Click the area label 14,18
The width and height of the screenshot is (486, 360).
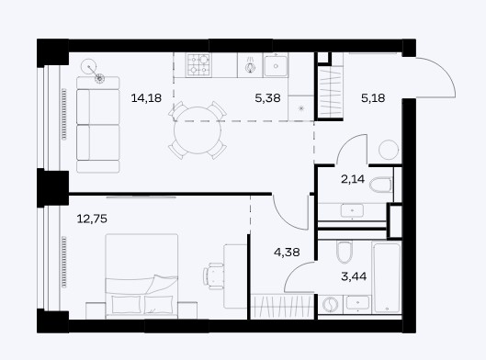(146, 98)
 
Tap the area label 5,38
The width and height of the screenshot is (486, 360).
(267, 98)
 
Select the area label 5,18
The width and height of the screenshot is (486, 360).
(373, 98)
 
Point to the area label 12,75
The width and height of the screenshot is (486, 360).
(92, 219)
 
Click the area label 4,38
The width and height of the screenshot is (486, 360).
(287, 253)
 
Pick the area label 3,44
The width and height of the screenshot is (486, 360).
(354, 276)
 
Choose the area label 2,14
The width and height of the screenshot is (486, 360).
(353, 179)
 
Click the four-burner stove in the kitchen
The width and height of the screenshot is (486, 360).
(198, 65)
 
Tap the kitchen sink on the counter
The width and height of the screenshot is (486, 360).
(276, 65)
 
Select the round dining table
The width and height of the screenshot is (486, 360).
(198, 130)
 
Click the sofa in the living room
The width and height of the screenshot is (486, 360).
(98, 125)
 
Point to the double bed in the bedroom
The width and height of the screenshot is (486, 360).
(141, 276)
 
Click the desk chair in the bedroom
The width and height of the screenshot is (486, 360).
(213, 276)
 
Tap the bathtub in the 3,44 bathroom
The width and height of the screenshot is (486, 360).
(387, 278)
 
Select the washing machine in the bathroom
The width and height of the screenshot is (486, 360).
(330, 304)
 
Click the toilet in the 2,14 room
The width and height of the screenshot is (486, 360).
(380, 185)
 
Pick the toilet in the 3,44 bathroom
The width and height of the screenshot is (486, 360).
(345, 252)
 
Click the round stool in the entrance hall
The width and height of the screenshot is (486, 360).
(389, 150)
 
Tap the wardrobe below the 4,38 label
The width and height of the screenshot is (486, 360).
(282, 306)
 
